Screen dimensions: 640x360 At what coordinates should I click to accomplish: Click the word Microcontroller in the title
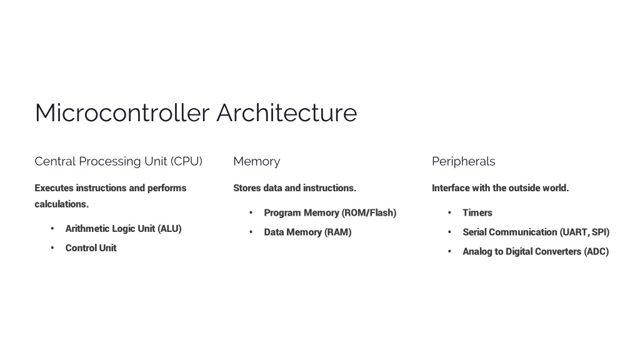(122, 112)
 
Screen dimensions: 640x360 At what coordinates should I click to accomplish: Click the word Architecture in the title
(287, 112)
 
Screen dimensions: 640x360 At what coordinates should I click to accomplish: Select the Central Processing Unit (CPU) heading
(118, 162)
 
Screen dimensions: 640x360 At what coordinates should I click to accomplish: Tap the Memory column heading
(257, 162)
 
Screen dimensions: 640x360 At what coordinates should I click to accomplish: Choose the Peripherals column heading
(464, 162)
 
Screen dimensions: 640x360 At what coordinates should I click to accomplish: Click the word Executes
(54, 188)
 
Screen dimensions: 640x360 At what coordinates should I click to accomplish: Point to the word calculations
(62, 204)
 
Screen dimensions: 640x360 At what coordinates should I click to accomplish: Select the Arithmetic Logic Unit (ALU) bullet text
(123, 229)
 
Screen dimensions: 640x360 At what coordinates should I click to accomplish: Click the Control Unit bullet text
(91, 248)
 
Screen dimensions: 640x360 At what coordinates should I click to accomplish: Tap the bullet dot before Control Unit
(52, 248)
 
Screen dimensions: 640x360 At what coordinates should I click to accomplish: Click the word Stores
(247, 188)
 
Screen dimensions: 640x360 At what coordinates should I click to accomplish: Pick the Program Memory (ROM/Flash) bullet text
(330, 213)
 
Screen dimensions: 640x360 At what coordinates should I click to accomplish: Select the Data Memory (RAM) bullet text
(307, 232)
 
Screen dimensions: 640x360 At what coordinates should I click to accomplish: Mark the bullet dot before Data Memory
(251, 232)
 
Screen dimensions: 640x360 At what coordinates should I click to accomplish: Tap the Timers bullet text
(477, 213)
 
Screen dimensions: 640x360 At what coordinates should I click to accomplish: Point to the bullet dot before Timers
(450, 213)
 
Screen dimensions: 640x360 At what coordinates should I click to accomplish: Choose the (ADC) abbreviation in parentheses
(596, 252)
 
